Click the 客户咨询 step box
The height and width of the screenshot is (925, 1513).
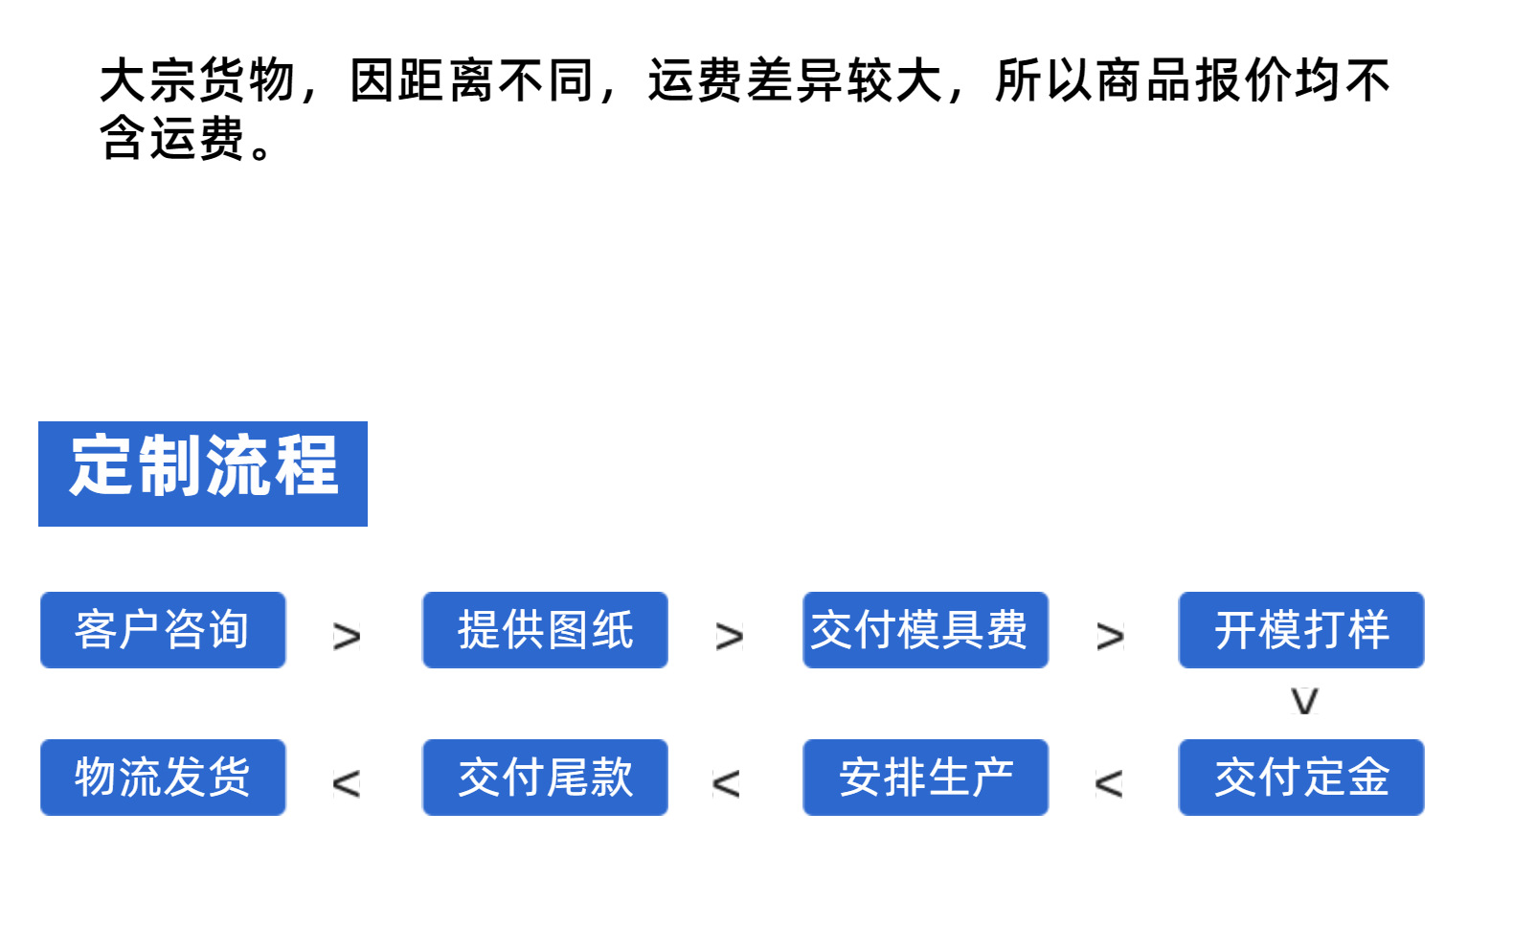pos(163,630)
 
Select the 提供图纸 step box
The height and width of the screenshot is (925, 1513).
pos(545,630)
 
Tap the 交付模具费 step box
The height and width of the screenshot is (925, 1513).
pos(925,630)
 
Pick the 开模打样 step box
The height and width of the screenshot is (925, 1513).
pos(1301,630)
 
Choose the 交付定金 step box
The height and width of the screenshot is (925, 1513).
pos(1301,778)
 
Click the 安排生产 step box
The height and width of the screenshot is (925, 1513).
pos(925,778)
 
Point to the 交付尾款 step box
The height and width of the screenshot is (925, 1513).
pos(545,778)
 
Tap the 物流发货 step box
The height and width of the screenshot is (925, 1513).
pos(163,778)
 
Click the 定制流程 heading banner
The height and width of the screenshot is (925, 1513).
pos(203,473)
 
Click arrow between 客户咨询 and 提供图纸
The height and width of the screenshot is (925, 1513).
pos(347,637)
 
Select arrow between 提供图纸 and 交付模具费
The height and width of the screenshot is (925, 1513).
pos(729,637)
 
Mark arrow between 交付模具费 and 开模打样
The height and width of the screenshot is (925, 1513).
pos(1111,637)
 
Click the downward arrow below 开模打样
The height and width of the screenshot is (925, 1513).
pos(1304,702)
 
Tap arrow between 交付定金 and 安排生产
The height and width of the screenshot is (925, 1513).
pos(1108,784)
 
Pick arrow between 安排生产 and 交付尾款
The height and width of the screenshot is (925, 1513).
pos(726,784)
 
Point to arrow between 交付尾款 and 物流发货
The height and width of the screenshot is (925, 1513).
pos(346,784)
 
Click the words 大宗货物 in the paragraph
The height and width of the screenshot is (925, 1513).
pos(197,80)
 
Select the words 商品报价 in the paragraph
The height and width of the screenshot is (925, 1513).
pos(1194,80)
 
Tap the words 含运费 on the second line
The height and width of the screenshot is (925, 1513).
pos(172,138)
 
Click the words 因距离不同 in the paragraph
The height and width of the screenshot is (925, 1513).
pos(472,80)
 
